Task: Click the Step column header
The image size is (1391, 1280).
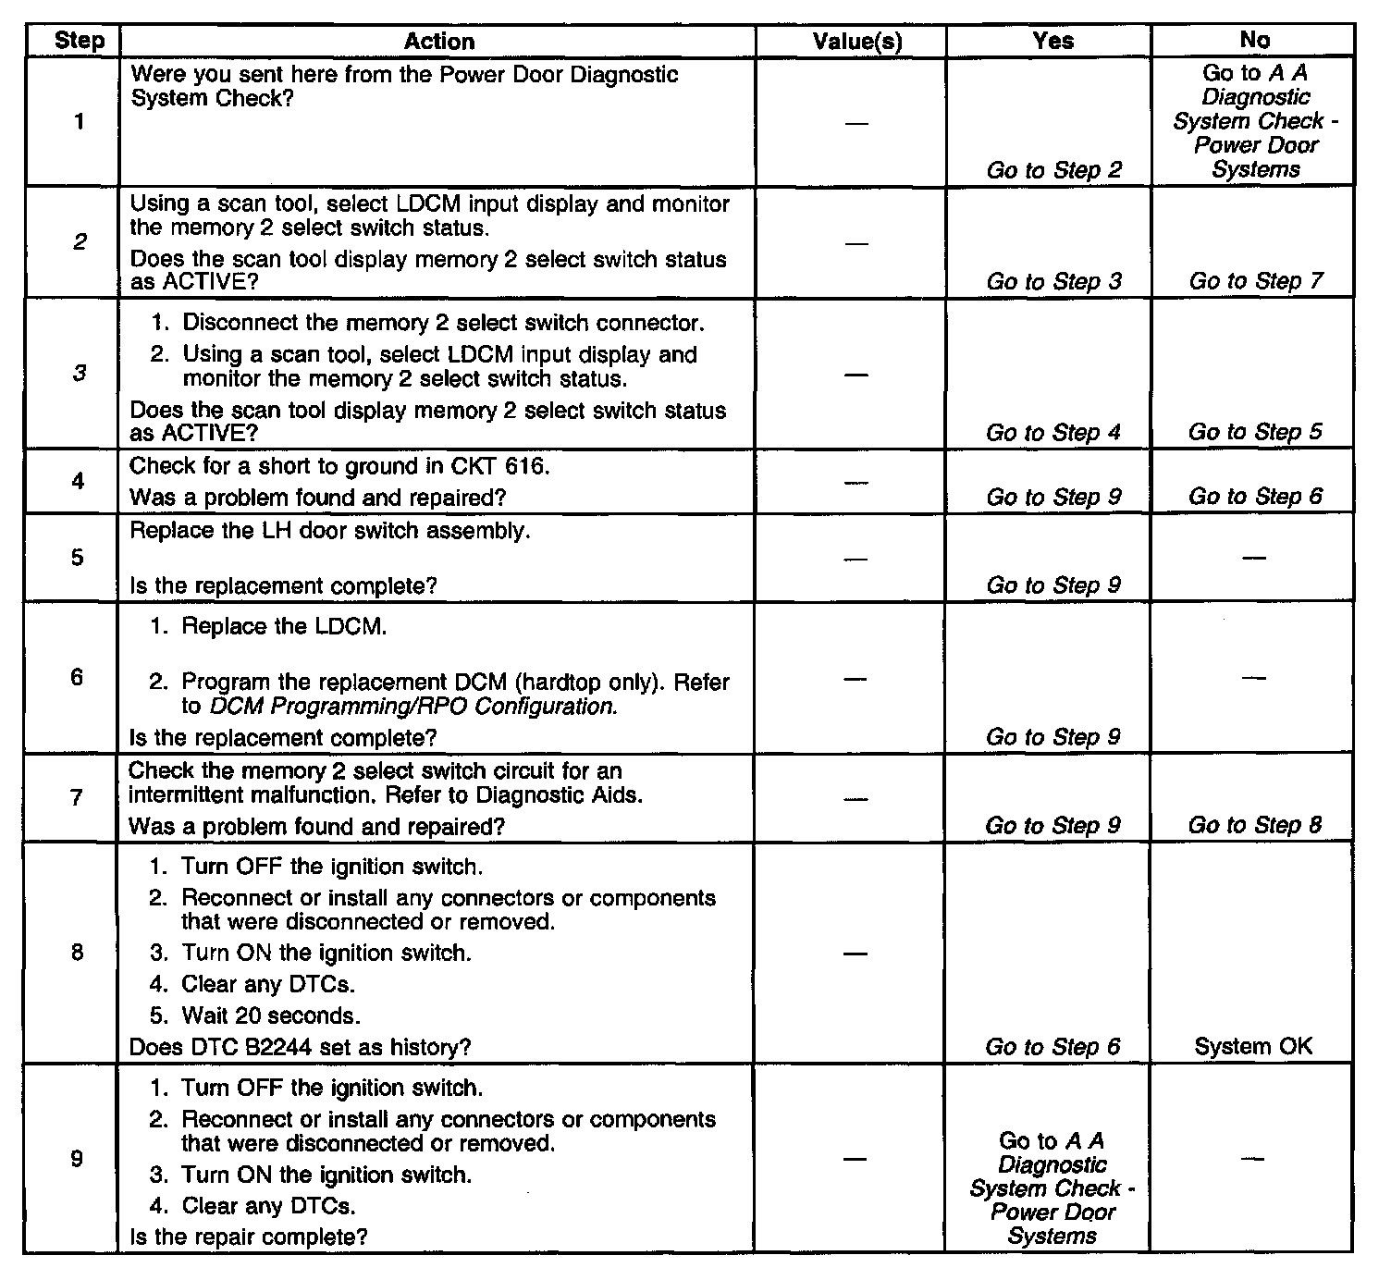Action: coord(80,41)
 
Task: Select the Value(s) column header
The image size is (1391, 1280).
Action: coord(857,41)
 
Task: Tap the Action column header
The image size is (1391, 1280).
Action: coord(439,41)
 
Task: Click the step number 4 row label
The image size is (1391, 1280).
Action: coord(79,481)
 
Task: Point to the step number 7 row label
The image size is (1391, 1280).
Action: coord(79,797)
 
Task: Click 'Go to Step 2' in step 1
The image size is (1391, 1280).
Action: coord(1053,170)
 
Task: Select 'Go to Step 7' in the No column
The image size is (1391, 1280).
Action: coord(1255,281)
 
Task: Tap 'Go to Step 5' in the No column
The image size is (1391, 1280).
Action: coord(1255,432)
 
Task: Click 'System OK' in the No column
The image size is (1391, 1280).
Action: coord(1253,1047)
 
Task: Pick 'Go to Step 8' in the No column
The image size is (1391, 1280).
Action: coord(1255,825)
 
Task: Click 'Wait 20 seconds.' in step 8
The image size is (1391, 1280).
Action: coord(270,1015)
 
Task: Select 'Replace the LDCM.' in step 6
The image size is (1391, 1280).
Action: coord(284,626)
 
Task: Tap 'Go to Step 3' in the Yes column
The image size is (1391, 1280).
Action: coord(1053,281)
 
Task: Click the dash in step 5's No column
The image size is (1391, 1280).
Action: coord(1254,558)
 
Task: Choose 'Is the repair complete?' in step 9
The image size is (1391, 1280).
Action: coord(249,1237)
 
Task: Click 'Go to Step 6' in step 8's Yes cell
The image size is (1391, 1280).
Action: coord(1052,1047)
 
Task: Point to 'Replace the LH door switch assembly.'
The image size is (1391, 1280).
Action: coord(330,531)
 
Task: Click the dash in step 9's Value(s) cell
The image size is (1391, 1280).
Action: coord(856,1159)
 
